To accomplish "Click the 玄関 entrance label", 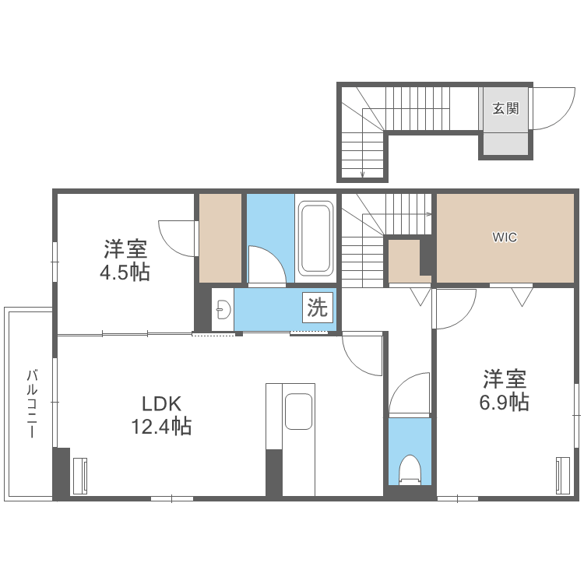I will click(x=505, y=108).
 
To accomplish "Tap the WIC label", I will click(x=504, y=237).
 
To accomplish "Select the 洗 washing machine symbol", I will click(x=317, y=307).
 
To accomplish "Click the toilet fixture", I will click(x=410, y=470).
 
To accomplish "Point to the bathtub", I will click(x=315, y=237).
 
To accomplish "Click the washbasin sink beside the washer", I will click(x=223, y=310).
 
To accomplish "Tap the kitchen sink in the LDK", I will click(x=298, y=411).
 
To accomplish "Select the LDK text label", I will click(x=161, y=404).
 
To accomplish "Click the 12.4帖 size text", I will click(x=162, y=427).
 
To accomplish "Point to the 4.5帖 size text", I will click(x=125, y=273).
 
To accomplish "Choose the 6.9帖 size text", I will click(x=504, y=402).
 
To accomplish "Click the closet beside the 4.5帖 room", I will click(x=220, y=237).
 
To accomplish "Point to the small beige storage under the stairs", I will click(x=403, y=262).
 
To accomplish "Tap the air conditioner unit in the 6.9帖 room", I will click(x=563, y=473).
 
